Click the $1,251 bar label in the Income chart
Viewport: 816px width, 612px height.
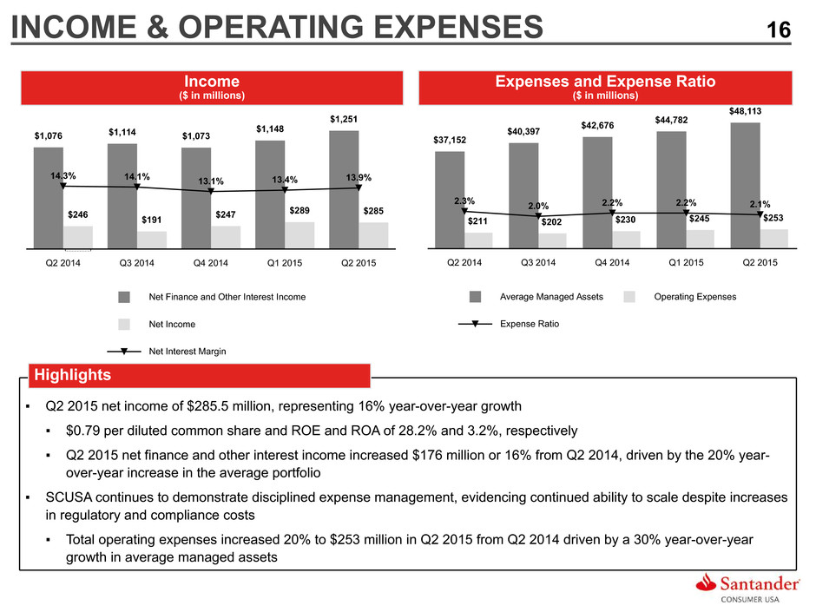pyautogui.click(x=344, y=119)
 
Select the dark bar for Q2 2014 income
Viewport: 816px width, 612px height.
pyautogui.click(x=49, y=198)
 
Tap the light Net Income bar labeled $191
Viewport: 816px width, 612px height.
pyautogui.click(x=152, y=240)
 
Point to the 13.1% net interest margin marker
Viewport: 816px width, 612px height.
pyautogui.click(x=211, y=191)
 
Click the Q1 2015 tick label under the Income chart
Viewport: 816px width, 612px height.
pyautogui.click(x=285, y=263)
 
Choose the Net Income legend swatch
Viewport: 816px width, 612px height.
pyautogui.click(x=124, y=324)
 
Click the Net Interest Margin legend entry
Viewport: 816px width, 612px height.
pyautogui.click(x=167, y=352)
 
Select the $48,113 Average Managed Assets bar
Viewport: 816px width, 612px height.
pyautogui.click(x=745, y=185)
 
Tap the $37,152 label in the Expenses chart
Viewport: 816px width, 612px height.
pyautogui.click(x=450, y=140)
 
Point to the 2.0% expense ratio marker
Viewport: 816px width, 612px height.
pyautogui.click(x=538, y=215)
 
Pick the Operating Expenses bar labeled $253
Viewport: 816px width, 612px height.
pyautogui.click(x=774, y=239)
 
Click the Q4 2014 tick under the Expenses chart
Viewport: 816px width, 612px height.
pyautogui.click(x=612, y=263)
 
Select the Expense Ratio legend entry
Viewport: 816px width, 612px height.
pyautogui.click(x=509, y=324)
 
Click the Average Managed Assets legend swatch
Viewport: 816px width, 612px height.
pyautogui.click(x=475, y=297)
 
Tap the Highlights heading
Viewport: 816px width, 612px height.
pyautogui.click(x=72, y=375)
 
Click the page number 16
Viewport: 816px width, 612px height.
pyautogui.click(x=779, y=30)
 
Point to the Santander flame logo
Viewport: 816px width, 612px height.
pyautogui.click(x=707, y=582)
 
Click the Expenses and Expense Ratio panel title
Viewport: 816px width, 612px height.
pyautogui.click(x=605, y=82)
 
